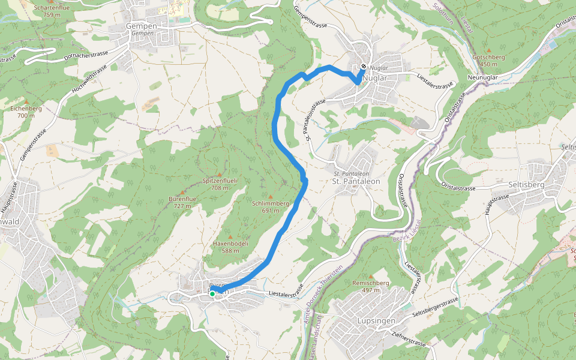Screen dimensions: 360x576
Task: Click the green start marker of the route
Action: coord(212,293)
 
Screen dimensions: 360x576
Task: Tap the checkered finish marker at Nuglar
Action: coord(364,67)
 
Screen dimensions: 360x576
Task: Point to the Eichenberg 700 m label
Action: coord(26,112)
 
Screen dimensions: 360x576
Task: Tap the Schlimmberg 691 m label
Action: coord(271,206)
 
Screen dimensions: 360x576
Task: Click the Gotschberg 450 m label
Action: coord(489,60)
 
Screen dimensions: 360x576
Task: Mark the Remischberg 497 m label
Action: coord(371,286)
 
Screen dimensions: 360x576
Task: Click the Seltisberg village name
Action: coord(525,185)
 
